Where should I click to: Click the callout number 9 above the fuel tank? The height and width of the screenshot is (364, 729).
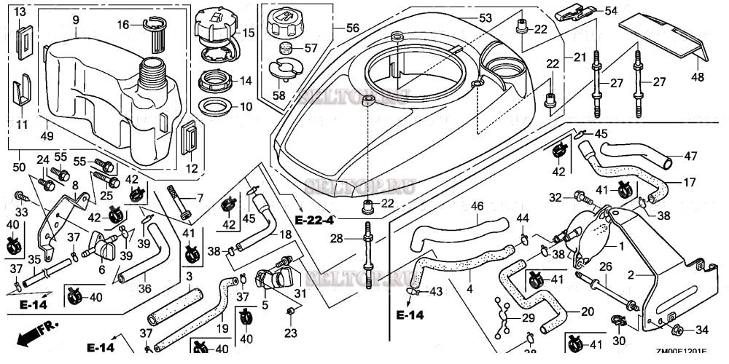75,20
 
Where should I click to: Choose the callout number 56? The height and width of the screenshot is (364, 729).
353,28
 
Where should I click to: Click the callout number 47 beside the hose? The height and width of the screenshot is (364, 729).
690,156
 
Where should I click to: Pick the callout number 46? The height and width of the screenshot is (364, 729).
476,207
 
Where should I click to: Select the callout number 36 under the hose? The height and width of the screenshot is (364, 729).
144,288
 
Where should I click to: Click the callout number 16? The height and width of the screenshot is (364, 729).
124,24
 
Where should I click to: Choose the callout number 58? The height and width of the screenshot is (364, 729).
280,95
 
